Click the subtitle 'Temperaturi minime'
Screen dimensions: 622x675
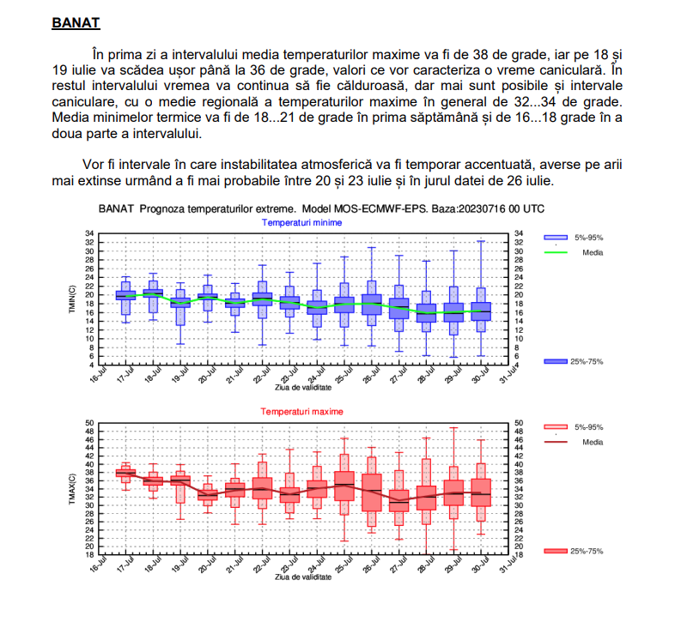point(302,222)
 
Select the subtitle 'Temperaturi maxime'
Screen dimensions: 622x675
point(302,412)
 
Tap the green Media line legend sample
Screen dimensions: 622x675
point(556,252)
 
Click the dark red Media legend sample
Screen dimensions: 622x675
point(556,442)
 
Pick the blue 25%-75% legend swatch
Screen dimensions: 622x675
point(556,361)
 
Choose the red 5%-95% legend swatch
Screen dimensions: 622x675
point(556,426)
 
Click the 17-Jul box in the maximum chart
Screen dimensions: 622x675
point(126,472)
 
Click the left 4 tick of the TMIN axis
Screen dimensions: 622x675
point(91,365)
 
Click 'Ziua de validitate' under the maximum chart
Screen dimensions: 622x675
point(302,577)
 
